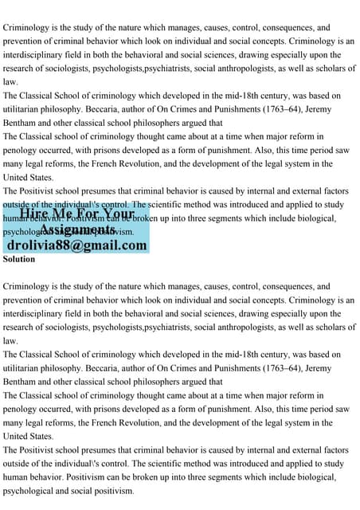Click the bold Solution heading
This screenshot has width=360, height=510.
[x=19, y=259]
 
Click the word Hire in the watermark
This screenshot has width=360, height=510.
[x=35, y=214]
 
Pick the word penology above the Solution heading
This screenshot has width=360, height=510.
[x=22, y=151]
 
